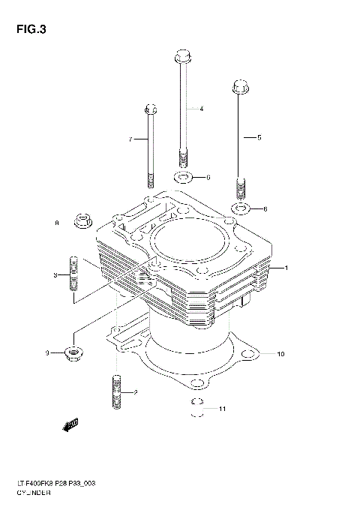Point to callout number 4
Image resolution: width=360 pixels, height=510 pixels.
pyautogui.click(x=202, y=109)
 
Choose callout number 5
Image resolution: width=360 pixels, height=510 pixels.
pyautogui.click(x=259, y=138)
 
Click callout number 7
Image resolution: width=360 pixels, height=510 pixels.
pyautogui.click(x=130, y=139)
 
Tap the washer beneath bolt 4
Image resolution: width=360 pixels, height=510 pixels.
pyautogui.click(x=183, y=178)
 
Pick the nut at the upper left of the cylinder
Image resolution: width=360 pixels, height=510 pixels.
pyautogui.click(x=83, y=222)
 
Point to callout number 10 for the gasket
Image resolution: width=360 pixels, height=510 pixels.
pyautogui.click(x=280, y=353)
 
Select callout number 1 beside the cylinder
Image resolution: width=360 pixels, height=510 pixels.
pyautogui.click(x=284, y=268)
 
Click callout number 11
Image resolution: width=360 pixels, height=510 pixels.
pyautogui.click(x=221, y=409)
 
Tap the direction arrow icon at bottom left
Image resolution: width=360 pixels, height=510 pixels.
pyautogui.click(x=72, y=426)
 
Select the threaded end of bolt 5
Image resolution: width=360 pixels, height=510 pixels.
pyautogui.click(x=241, y=185)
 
